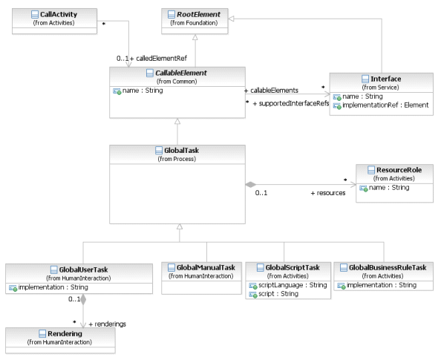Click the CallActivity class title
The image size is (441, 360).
tap(59, 14)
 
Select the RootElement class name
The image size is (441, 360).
tap(198, 14)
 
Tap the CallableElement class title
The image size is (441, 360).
tap(181, 73)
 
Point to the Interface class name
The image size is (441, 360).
tap(385, 79)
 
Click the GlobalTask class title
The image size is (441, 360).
tap(181, 151)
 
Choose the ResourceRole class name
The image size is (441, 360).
tap(399, 170)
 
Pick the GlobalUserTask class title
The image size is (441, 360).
tap(83, 269)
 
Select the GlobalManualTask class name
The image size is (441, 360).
tap(206, 267)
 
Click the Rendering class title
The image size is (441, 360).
tap(65, 333)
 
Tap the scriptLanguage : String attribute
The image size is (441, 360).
tap(293, 285)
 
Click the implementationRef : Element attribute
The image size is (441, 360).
tap(385, 105)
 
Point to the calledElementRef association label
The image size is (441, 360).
tap(158, 59)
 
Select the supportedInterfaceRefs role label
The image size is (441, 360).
tap(291, 103)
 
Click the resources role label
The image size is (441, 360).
tap(328, 193)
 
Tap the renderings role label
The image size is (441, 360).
tap(108, 324)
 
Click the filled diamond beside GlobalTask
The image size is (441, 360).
tap(251, 185)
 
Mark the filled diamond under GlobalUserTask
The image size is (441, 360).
tap(83, 300)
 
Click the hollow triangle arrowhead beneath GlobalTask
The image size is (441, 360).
tap(180, 226)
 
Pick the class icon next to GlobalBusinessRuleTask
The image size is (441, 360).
tap(344, 267)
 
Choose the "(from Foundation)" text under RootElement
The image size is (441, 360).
tap(194, 23)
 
